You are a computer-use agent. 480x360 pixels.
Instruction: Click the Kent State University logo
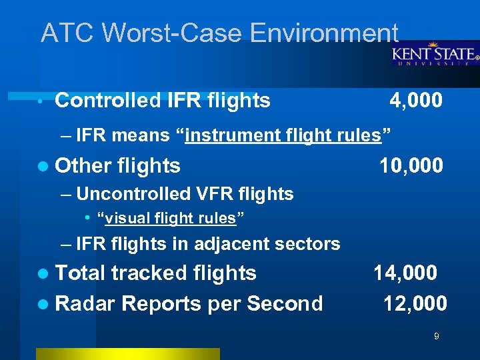tap(434, 54)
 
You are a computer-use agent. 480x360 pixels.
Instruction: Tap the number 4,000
tap(415, 101)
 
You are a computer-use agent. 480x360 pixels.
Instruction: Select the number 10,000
tap(411, 165)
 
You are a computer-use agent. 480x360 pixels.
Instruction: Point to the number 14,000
tap(405, 273)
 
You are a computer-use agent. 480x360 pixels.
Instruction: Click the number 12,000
tap(415, 304)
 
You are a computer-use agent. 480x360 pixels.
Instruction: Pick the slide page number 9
tap(436, 337)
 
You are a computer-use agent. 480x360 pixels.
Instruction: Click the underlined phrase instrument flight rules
tap(283, 136)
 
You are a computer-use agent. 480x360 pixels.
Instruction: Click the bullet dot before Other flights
tap(43, 166)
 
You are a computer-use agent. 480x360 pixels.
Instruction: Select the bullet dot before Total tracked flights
tap(43, 273)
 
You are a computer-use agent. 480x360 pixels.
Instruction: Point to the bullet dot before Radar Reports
tap(43, 305)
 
